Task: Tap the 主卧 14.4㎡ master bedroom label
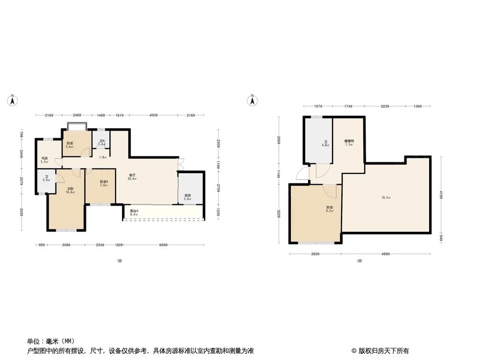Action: point(70,190)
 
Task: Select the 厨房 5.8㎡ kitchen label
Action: point(188,197)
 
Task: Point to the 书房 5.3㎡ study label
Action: point(44,160)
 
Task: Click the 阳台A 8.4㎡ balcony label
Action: point(134,213)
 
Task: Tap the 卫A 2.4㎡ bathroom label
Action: point(101,143)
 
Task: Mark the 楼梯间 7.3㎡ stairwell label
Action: point(349,143)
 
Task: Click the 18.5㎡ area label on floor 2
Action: point(386,198)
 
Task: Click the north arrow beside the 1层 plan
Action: point(12,100)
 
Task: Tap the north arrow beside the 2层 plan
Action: point(252,100)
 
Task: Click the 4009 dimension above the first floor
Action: point(153,115)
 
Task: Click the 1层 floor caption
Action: point(119,261)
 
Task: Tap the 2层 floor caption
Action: point(359,261)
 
